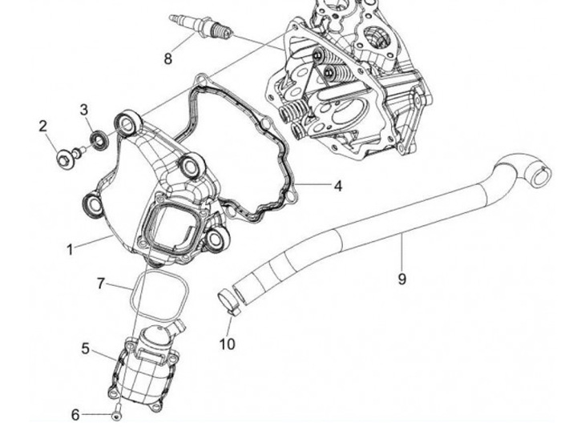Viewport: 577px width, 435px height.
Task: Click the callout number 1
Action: tap(70, 249)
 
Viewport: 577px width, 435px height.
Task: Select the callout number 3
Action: tap(84, 108)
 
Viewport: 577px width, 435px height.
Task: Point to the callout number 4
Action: tap(337, 186)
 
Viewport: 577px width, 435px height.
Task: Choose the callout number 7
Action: tap(101, 283)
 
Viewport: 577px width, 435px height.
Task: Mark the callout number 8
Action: tap(167, 58)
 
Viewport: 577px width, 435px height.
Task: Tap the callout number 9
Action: tap(402, 279)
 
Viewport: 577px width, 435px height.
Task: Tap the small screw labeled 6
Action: tap(118, 414)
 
